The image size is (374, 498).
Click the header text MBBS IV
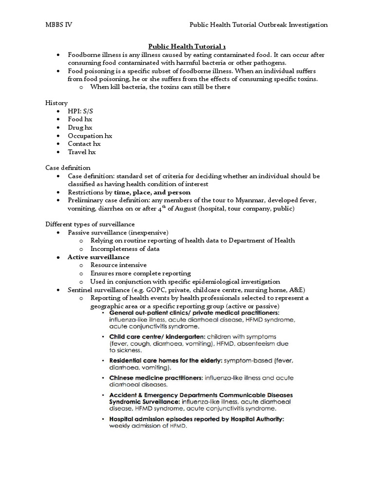pos(59,25)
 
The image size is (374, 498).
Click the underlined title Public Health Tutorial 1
pos(187,47)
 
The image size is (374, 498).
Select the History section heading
pos(56,103)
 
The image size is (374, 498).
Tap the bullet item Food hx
pos(80,119)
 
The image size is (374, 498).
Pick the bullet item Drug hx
pos(80,127)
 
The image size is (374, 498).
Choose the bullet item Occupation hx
pos(90,136)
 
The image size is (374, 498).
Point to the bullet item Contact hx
pos(84,143)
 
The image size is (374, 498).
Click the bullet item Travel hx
pos(82,152)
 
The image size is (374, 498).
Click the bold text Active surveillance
pos(98,257)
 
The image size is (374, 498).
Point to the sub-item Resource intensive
pos(118,265)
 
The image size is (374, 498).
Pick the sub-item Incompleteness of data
pos(125,249)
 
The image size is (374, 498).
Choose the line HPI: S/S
pos(80,111)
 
